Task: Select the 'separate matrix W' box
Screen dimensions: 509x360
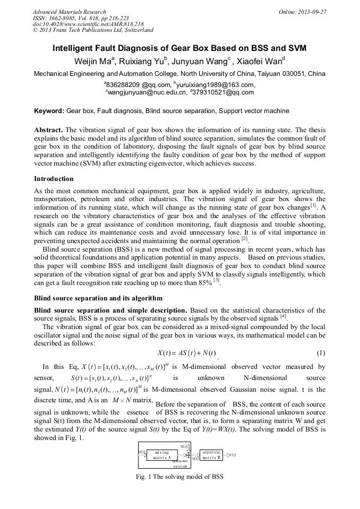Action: tap(211, 454)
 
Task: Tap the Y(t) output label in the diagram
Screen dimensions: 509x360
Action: tap(232, 455)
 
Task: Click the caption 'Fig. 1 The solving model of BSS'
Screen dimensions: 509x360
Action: tap(179, 476)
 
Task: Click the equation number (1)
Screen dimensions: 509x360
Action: tap(321, 353)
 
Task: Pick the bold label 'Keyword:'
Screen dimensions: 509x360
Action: tap(49, 111)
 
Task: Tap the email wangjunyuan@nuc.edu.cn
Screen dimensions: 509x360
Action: tap(144, 92)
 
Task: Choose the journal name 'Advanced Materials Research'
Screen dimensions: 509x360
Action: tap(69, 12)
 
